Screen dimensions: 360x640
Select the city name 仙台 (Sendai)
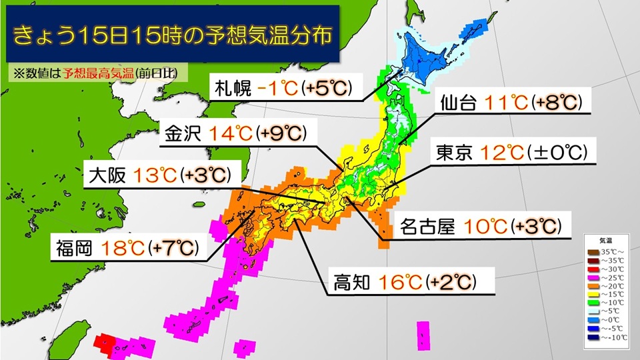coord(459,104)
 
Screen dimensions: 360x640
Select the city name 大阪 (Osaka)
coord(107,176)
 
